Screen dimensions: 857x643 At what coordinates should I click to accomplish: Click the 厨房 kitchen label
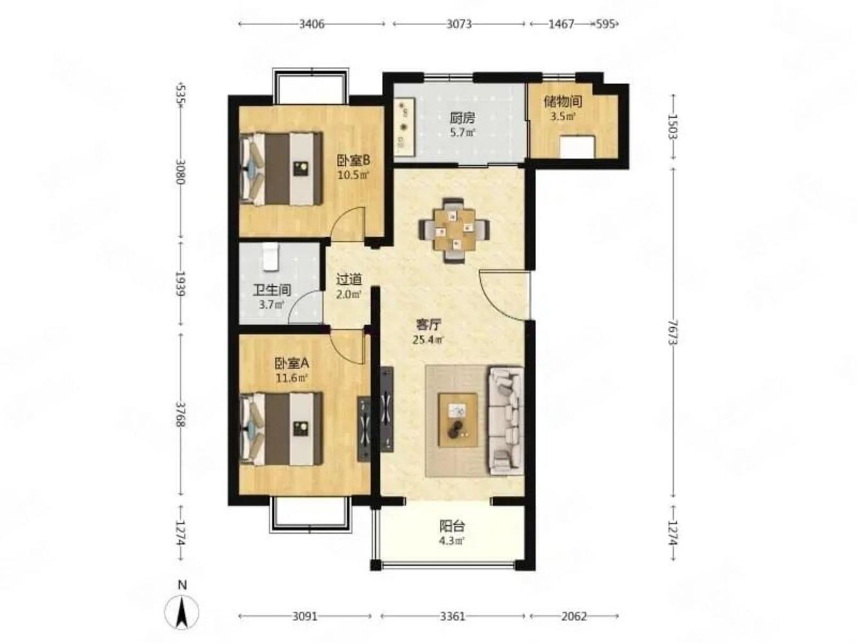tap(462, 118)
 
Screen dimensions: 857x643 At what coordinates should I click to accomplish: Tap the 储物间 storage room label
tap(563, 102)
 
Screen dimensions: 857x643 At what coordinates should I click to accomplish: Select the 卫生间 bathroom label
tap(272, 290)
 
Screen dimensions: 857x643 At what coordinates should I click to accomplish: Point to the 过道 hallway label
tap(348, 279)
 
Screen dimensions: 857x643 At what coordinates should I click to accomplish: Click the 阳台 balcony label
tap(452, 526)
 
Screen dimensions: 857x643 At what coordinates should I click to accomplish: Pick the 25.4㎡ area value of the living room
tap(428, 340)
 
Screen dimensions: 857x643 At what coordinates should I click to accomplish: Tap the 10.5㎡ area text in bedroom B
tap(353, 174)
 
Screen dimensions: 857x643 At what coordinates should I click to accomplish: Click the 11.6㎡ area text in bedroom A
tap(292, 378)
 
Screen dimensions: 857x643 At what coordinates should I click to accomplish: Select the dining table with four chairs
tap(454, 230)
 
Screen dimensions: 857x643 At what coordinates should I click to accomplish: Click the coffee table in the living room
tap(458, 420)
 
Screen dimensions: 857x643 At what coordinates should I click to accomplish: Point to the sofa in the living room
tap(505, 421)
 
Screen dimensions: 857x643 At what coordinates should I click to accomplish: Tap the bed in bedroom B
tap(281, 168)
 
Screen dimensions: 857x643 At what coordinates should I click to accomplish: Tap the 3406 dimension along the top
tap(312, 24)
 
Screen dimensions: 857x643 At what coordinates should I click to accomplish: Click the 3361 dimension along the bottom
tap(453, 617)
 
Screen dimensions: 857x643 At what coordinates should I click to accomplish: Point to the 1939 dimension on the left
tap(180, 284)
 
